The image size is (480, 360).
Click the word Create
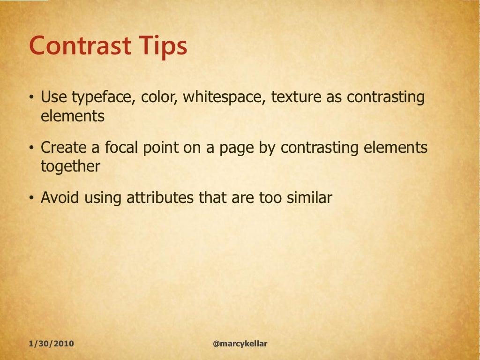[x=63, y=148]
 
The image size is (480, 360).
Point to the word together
[x=70, y=166]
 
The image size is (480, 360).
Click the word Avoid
[x=60, y=198]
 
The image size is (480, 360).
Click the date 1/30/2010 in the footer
[x=51, y=344]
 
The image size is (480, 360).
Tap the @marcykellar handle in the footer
[x=240, y=344]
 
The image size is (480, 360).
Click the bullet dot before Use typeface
[x=31, y=98]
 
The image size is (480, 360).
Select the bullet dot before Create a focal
[x=31, y=149]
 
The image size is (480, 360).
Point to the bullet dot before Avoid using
[x=31, y=198]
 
